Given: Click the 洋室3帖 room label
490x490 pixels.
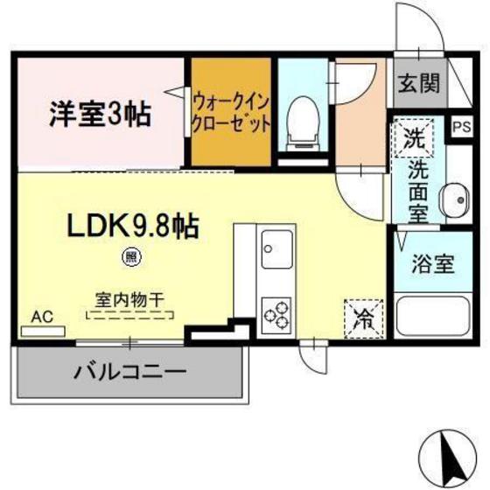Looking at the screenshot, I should (x=98, y=112).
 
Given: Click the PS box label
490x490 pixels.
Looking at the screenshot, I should (x=460, y=127).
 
